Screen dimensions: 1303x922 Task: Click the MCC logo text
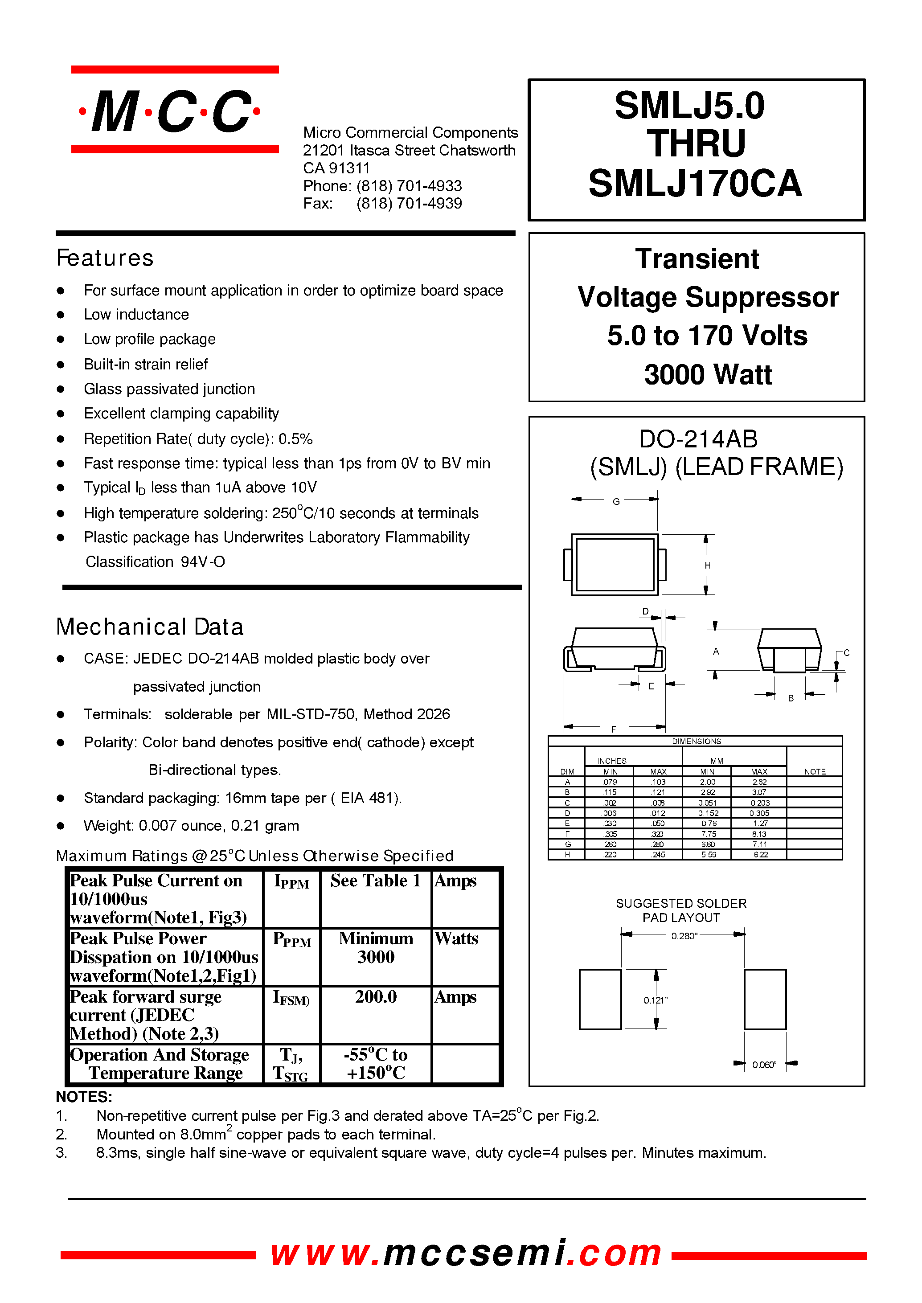tap(170, 111)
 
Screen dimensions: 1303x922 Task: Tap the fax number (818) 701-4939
tap(409, 204)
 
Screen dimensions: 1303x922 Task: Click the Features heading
tap(105, 258)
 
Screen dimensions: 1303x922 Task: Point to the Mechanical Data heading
tap(149, 627)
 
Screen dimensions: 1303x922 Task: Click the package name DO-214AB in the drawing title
tap(698, 439)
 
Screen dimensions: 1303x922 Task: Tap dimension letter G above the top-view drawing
tap(616, 501)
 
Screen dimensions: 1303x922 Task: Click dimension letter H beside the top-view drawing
tap(707, 565)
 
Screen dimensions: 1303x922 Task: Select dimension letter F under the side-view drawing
tap(613, 729)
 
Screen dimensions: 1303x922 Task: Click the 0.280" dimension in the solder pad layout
tap(684, 936)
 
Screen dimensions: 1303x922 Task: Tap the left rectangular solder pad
tap(600, 999)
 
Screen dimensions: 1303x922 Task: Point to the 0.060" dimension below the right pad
tap(764, 1065)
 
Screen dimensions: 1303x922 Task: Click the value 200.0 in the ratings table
tap(375, 997)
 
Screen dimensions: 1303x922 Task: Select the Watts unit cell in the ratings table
tap(456, 938)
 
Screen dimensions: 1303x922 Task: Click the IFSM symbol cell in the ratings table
tap(291, 998)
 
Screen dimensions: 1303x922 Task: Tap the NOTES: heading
tap(84, 1097)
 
